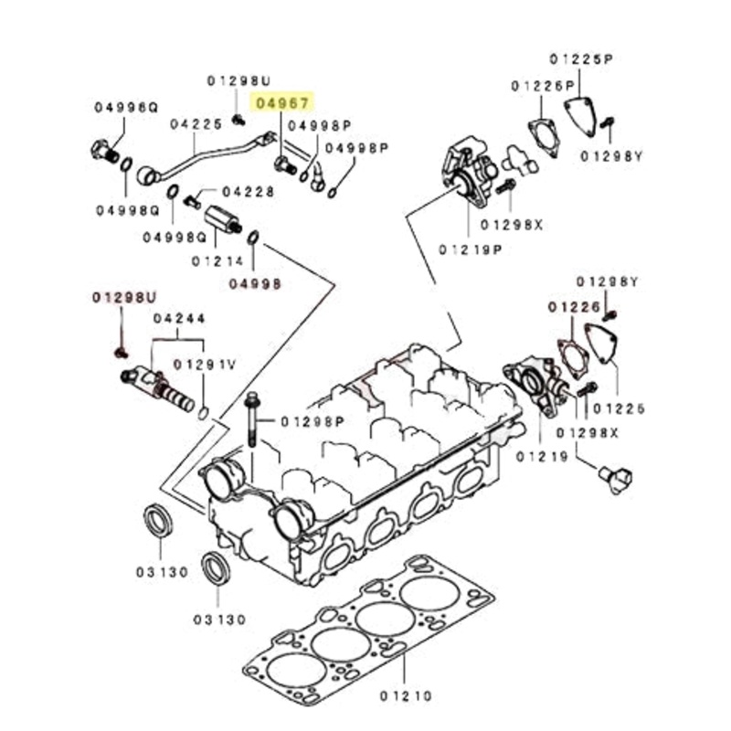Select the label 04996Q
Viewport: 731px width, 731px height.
coord(125,108)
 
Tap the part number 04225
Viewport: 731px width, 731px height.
coord(196,122)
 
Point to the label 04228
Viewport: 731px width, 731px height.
coord(248,192)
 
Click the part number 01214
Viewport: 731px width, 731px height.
coord(219,260)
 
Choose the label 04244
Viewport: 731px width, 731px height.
coord(179,319)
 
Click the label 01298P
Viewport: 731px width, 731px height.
coord(313,421)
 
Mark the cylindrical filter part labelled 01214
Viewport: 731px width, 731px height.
coord(222,220)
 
